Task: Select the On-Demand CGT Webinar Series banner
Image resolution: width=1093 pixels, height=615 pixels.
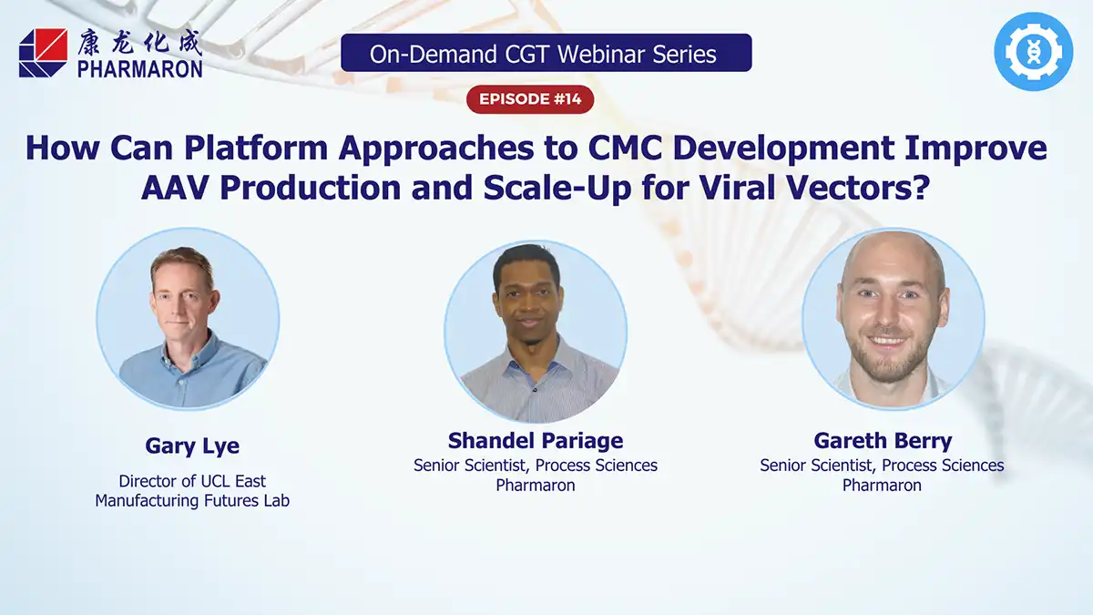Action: pos(546,53)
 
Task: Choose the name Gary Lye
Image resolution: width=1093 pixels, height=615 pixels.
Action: pos(192,446)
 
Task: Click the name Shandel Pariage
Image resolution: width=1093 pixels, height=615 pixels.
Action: pos(536,441)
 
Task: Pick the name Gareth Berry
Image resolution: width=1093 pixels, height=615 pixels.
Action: pos(882,441)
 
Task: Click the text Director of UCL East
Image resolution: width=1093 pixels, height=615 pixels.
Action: pos(192,480)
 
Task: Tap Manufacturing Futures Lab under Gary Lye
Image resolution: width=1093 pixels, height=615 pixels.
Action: pos(192,500)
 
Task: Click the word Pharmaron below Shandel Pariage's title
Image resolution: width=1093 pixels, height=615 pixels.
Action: pos(536,486)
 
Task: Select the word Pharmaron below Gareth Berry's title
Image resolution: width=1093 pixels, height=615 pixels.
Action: pos(882,486)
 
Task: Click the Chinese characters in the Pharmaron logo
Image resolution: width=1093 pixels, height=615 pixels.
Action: pos(139,43)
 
